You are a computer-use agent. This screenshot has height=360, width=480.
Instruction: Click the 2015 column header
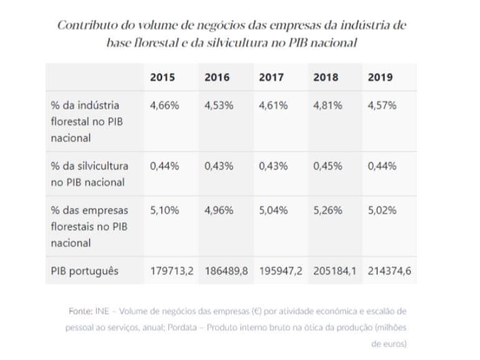[163, 77]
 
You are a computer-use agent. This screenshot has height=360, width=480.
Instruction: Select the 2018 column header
[326, 77]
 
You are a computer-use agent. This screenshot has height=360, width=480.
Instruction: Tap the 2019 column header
[380, 77]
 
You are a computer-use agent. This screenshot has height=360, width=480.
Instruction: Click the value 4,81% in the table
[328, 105]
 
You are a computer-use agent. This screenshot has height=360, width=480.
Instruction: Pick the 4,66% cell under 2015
[165, 105]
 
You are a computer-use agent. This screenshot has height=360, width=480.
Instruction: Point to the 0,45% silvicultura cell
[328, 166]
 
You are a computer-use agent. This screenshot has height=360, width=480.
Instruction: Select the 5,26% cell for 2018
[328, 211]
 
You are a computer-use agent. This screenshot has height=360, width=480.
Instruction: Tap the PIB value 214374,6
[390, 271]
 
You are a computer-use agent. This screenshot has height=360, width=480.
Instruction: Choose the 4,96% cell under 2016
[219, 211]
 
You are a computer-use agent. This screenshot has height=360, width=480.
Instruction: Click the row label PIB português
[85, 271]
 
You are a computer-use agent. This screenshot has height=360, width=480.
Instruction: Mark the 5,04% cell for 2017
[274, 211]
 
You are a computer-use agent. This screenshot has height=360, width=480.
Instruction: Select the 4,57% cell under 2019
[382, 105]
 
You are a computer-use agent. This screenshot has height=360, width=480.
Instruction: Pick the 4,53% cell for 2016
[219, 105]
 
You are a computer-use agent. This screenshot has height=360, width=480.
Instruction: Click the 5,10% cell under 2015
[165, 211]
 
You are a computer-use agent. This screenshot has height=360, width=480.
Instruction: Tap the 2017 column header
[272, 77]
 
